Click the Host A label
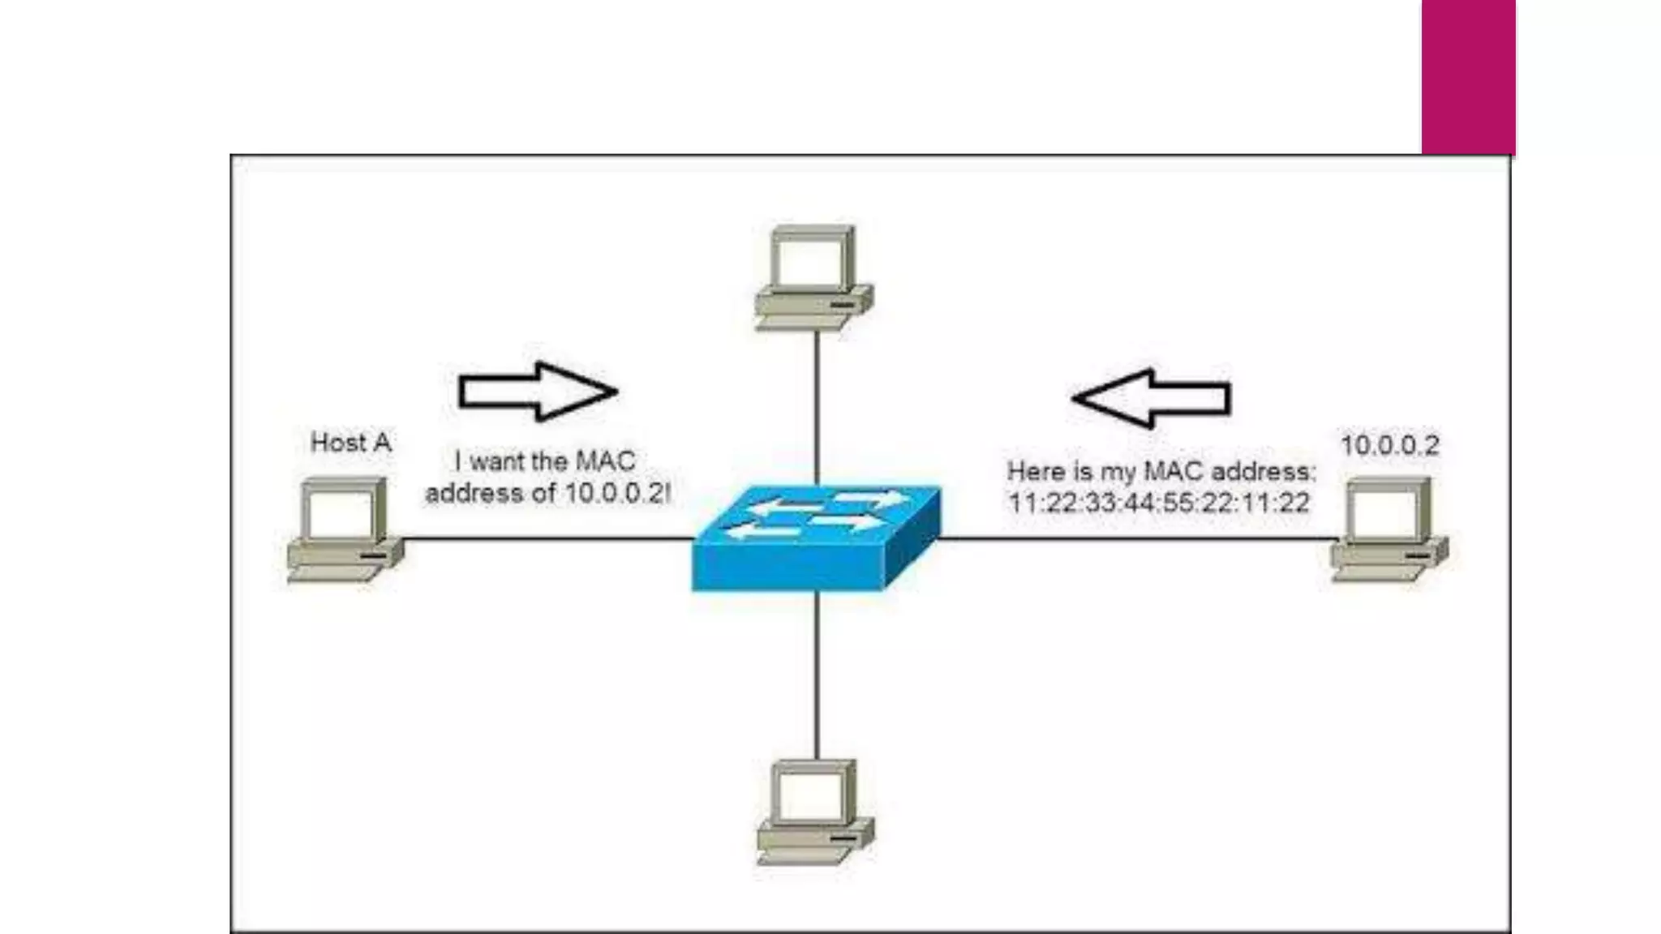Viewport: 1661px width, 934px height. [350, 443]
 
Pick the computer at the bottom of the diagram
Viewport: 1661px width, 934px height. [815, 812]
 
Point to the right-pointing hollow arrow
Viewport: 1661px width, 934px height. [537, 392]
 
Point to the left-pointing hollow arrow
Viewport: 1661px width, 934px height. [1152, 398]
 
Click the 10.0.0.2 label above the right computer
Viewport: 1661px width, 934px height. [1389, 445]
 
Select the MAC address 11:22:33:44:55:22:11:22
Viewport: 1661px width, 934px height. [1158, 503]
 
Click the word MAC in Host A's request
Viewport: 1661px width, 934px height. [605, 461]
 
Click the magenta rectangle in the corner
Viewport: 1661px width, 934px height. [1468, 77]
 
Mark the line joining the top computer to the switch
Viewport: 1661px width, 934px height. [817, 405]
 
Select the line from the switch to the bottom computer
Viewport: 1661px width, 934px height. [817, 673]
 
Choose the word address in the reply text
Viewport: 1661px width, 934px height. [1258, 471]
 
